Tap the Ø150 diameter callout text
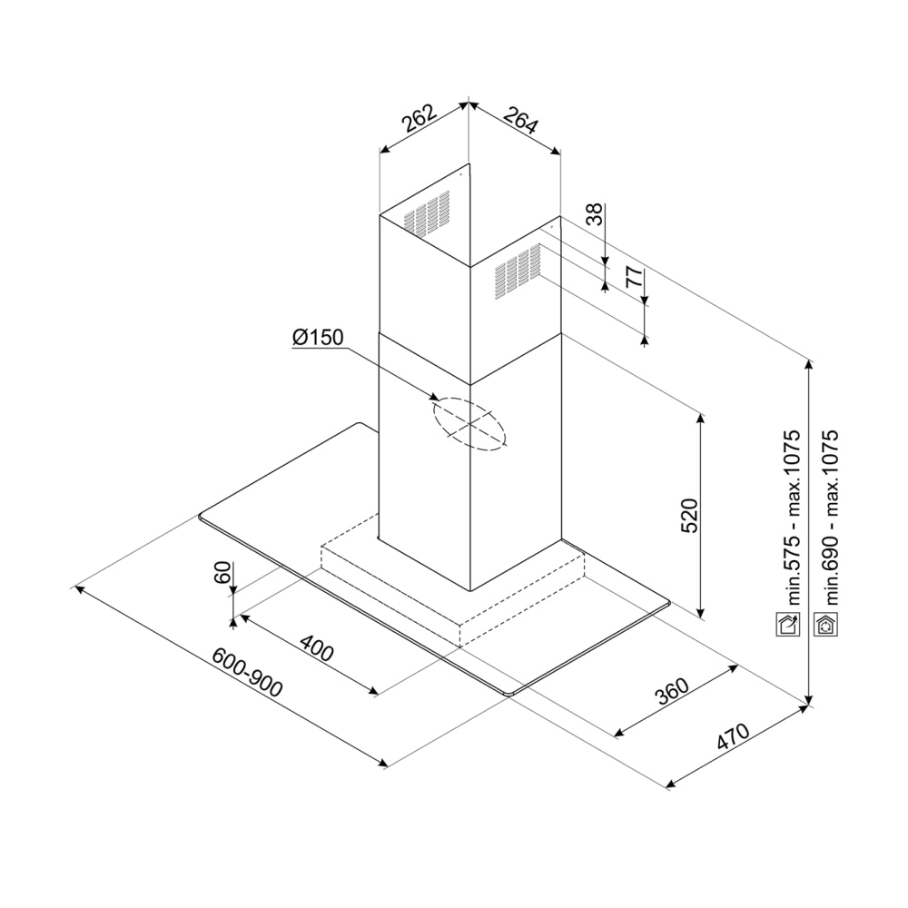coord(318,337)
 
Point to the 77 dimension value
coord(635,277)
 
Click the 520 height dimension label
coord(690,516)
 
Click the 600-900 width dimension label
coord(247,672)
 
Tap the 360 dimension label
coord(672,690)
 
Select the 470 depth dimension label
coord(733,736)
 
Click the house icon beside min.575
coord(787,624)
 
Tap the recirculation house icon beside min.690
coord(825,624)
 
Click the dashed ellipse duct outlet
coord(469,424)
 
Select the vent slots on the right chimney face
coord(518,271)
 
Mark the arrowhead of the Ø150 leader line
coord(435,398)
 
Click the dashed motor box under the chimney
coord(452,580)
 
